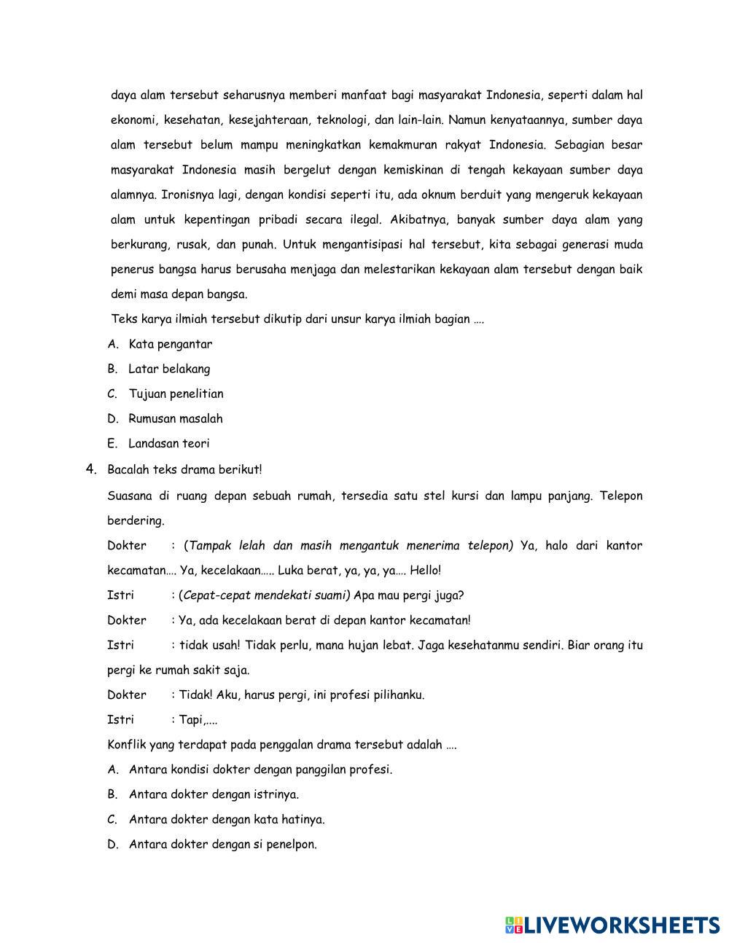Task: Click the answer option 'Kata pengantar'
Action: click(170, 344)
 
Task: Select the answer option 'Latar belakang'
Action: click(168, 369)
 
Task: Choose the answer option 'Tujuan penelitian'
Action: click(176, 394)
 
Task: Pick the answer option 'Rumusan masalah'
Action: click(175, 418)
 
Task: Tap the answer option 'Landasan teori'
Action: click(168, 443)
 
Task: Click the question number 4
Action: click(91, 469)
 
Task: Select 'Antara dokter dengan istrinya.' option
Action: click(214, 794)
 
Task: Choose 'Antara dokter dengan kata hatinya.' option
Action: click(226, 819)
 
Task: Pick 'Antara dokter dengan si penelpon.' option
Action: click(222, 844)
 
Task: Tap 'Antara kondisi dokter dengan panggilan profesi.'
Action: click(260, 770)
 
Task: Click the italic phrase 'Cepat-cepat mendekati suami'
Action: click(265, 595)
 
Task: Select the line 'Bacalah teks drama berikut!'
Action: click(184, 469)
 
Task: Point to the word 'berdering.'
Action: click(136, 520)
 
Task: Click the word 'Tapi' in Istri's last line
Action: click(190, 719)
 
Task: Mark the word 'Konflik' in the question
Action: click(126, 745)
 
